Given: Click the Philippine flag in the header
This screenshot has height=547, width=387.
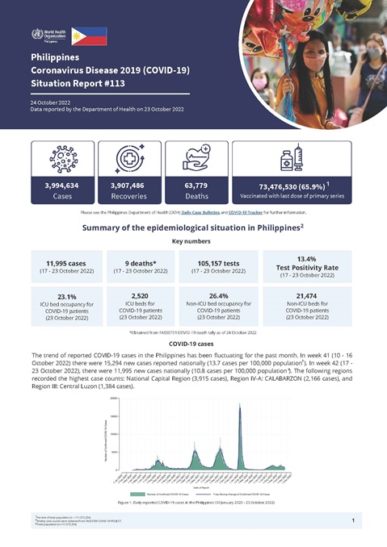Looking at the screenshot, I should (89, 35).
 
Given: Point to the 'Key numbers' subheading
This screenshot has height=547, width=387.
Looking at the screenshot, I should (192, 241).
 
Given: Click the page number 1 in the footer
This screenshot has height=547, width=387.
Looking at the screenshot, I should (353, 521).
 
